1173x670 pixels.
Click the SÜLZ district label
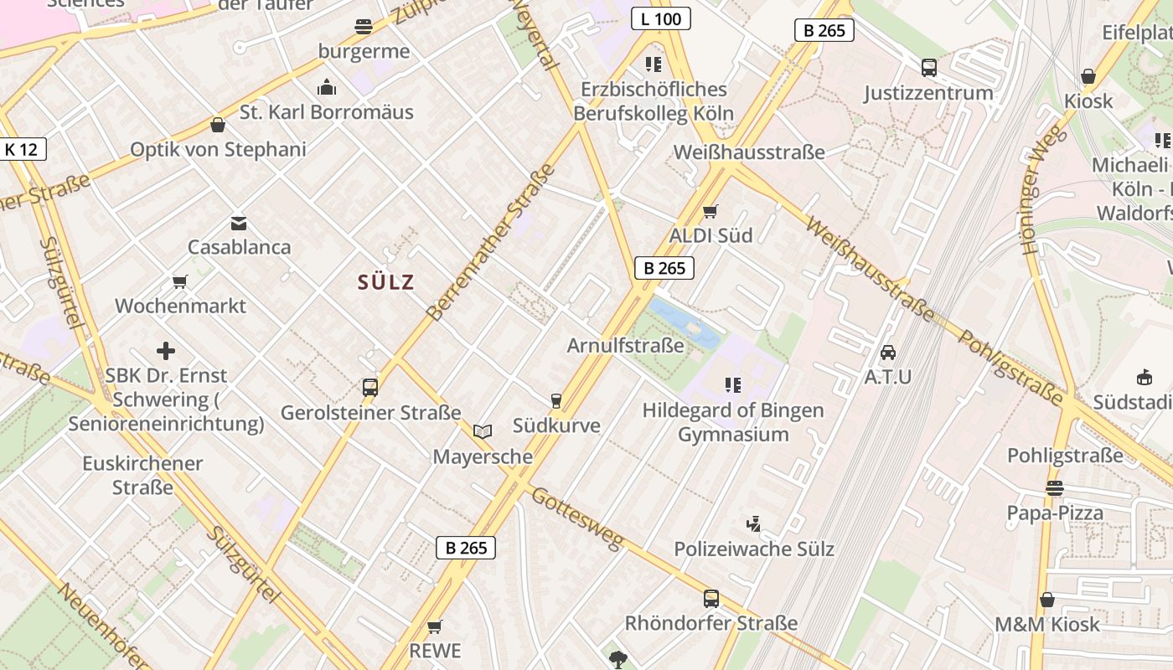(x=386, y=282)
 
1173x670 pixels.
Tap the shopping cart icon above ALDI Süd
(x=711, y=211)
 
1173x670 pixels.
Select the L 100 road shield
(x=660, y=18)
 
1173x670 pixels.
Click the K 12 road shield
(x=21, y=150)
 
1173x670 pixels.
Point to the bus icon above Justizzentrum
(x=928, y=68)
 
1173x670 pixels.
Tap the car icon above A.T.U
(x=888, y=353)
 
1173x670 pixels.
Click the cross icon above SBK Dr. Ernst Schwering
(x=166, y=351)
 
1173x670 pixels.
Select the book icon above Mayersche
(x=483, y=432)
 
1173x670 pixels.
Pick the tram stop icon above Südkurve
(x=555, y=401)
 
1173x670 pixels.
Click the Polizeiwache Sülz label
(x=754, y=549)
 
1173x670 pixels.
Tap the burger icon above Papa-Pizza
(x=1054, y=487)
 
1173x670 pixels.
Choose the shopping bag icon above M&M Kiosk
(x=1046, y=600)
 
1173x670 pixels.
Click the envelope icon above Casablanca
(x=239, y=224)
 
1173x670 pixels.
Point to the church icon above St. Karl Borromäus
(x=326, y=87)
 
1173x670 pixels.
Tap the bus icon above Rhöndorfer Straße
(x=711, y=598)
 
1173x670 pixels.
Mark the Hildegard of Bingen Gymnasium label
(x=733, y=422)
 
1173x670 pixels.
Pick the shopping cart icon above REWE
(x=434, y=626)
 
